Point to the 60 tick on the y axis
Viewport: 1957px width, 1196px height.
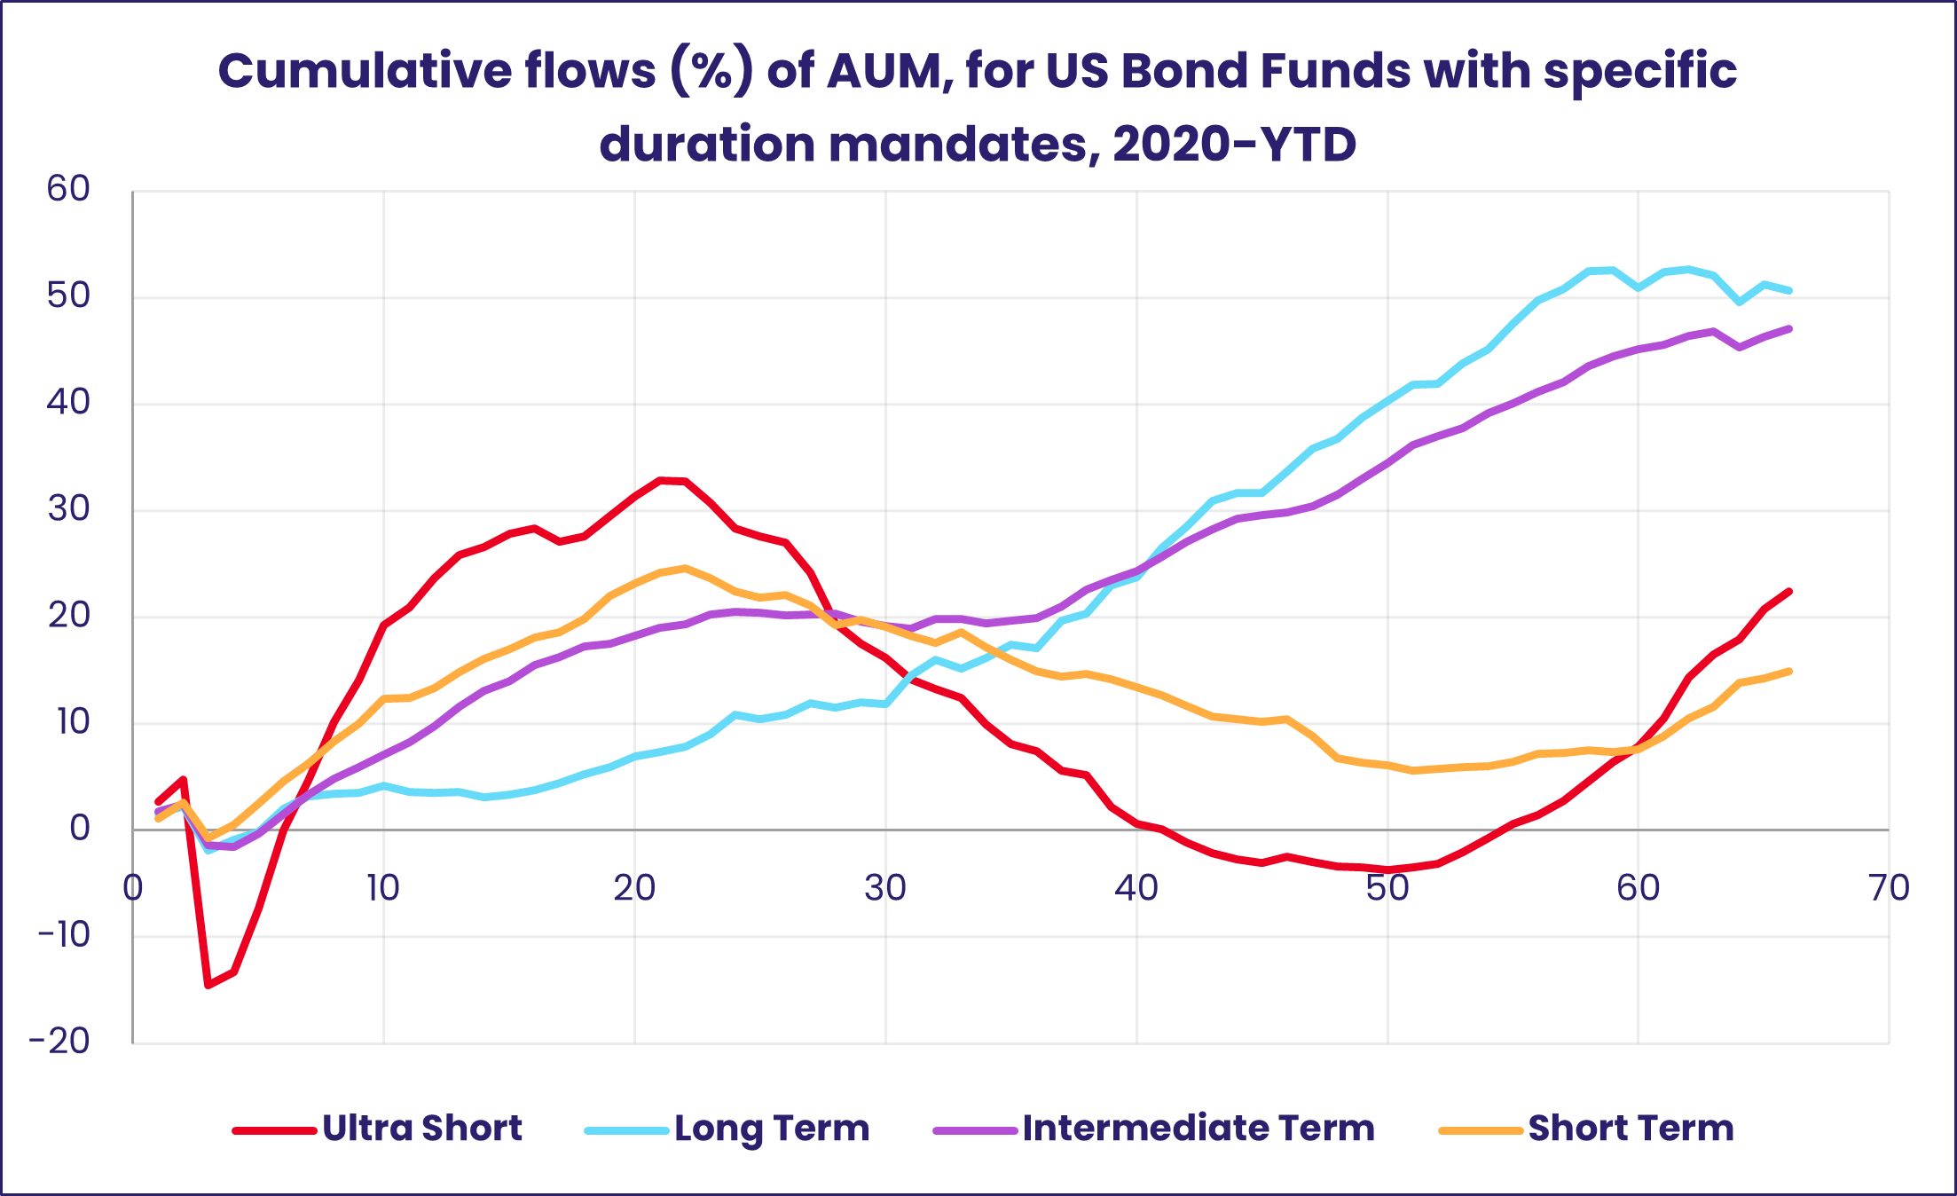coord(68,189)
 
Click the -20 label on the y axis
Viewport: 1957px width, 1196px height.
coord(60,1042)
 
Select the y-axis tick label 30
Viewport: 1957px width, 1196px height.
coord(68,509)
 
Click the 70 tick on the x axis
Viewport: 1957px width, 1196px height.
coord(1888,888)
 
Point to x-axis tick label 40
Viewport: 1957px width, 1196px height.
coord(1136,888)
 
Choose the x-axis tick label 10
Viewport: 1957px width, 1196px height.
coord(383,888)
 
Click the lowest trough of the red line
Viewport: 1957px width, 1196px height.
coord(208,985)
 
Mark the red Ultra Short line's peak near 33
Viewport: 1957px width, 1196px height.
coord(660,480)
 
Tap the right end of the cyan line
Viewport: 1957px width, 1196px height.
coord(1789,290)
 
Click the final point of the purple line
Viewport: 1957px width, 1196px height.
coord(1789,328)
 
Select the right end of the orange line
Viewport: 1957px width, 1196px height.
coord(1789,671)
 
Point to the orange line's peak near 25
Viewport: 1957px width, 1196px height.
coord(684,568)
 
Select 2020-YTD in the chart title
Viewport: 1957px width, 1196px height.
coord(1234,144)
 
